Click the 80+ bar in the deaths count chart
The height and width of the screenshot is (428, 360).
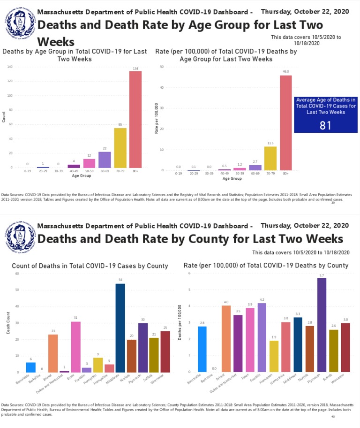[x=135, y=119]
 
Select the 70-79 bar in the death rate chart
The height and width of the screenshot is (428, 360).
[x=270, y=158]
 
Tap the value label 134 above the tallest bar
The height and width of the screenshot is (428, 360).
[x=135, y=68]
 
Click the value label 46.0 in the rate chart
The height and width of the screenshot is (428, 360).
[x=285, y=72]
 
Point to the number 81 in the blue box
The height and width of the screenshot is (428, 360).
[x=325, y=125]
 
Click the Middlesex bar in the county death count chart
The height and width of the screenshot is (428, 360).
[x=120, y=328]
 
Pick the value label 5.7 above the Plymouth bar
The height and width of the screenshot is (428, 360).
[x=321, y=275]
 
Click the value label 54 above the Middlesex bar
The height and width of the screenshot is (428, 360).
[x=120, y=280]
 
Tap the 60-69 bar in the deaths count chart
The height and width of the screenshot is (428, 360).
[x=105, y=160]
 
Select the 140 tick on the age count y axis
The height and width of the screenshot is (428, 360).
[x=10, y=67]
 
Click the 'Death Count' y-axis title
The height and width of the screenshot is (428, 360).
[x=8, y=324]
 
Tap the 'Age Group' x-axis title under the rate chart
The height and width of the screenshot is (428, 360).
[x=232, y=179]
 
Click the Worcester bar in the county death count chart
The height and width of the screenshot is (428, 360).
[x=165, y=352]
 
